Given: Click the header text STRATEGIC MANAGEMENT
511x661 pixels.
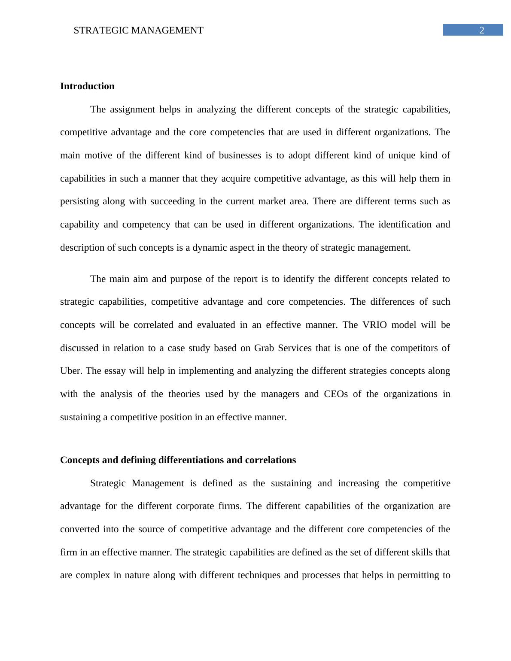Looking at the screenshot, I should [x=138, y=30].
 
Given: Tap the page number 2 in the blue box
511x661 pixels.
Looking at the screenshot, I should [x=482, y=30].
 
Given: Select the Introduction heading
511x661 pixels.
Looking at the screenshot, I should [x=87, y=86].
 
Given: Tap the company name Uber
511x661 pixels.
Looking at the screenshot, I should [x=70, y=371].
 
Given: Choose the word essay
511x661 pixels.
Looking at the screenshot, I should [x=115, y=371].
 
